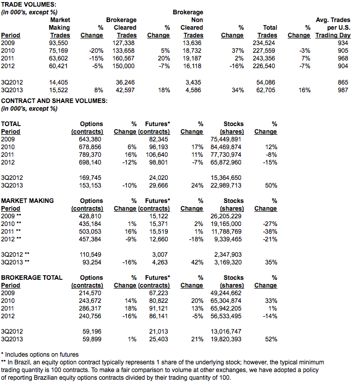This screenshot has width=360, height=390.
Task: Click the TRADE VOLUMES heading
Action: click(29, 4)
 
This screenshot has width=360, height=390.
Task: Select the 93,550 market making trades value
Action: click(58, 43)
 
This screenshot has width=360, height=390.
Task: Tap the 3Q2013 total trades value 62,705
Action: click(266, 90)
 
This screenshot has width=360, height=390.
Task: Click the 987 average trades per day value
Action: click(343, 90)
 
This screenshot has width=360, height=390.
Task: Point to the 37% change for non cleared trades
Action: click(238, 51)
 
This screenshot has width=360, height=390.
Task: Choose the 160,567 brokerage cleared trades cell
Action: click(123, 58)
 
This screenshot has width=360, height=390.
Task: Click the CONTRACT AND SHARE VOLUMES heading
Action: click(54, 101)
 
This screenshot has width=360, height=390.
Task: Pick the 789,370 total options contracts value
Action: click(90, 155)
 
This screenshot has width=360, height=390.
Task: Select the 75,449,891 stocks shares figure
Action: click(226, 139)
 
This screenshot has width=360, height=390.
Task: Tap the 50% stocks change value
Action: click(271, 186)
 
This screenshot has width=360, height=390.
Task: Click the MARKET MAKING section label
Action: click(27, 201)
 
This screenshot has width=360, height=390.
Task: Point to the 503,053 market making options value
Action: click(90, 232)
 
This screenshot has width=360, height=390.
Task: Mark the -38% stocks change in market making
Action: click(270, 232)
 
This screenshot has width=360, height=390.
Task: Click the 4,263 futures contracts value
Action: click(160, 262)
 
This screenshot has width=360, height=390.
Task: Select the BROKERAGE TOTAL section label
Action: click(32, 278)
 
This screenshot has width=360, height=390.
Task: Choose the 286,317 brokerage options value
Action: click(90, 309)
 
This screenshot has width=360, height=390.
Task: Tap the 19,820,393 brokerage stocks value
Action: click(226, 339)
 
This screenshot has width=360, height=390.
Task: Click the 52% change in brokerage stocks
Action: click(271, 339)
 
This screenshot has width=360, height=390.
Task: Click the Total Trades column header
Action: click(267, 31)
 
